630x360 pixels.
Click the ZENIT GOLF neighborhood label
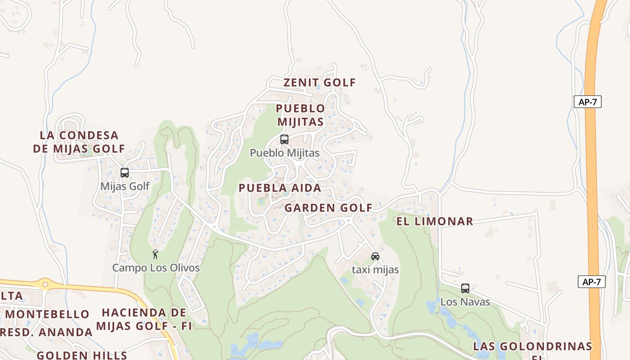319,83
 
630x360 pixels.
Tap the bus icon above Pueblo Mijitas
284,139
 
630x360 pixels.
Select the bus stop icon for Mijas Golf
125,173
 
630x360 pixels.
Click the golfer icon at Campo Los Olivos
155,254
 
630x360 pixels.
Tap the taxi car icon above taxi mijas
375,256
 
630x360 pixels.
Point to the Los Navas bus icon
465,288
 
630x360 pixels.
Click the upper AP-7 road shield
587,102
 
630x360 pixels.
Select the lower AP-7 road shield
591,282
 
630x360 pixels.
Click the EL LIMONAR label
434,221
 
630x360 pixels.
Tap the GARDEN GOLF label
328,208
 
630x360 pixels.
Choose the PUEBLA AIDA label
280,188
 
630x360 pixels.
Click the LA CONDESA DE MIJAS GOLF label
79,142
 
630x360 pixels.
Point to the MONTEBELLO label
47,314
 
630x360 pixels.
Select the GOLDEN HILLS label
82,355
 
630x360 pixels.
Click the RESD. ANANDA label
46,333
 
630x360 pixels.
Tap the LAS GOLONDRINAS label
532,346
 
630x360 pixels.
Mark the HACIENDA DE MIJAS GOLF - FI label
144,319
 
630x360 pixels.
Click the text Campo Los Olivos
156,268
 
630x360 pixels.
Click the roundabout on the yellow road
45,284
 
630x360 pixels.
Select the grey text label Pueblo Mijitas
284,153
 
